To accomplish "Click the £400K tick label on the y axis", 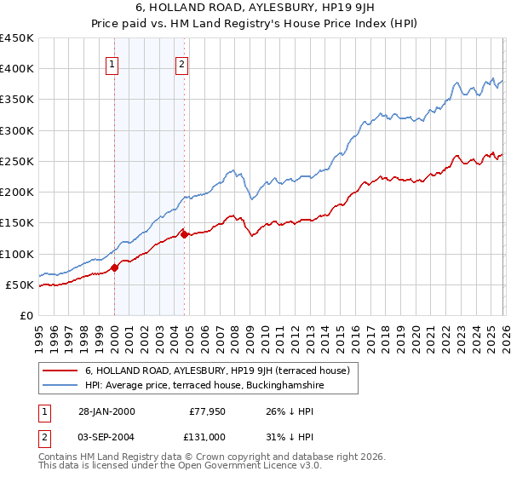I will tap(17, 69).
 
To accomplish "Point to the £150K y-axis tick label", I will tap(17, 223).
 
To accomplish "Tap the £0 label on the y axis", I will tap(26, 315).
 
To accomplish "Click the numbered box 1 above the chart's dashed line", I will tap(114, 62).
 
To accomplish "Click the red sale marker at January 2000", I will tap(115, 267).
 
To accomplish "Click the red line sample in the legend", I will tap(60, 371).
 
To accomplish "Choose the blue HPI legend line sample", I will tap(60, 386).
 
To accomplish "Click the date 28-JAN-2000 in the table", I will tap(104, 411).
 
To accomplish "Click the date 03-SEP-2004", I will tap(104, 436).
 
